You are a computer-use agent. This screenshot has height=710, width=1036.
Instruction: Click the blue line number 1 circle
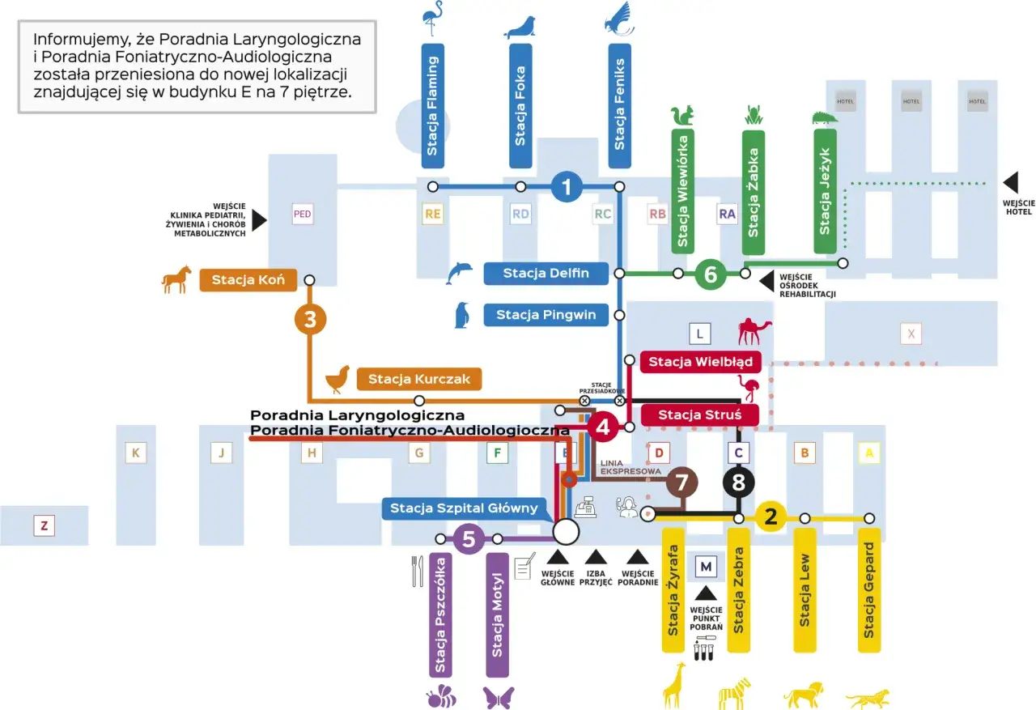[567, 187]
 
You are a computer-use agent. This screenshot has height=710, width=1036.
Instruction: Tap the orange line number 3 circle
[310, 319]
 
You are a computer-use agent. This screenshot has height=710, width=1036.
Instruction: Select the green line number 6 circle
[711, 274]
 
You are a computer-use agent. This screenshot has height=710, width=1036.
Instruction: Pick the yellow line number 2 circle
[771, 517]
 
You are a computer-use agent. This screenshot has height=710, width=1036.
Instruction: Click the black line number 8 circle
[738, 483]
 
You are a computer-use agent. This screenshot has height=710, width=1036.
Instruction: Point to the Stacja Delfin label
[546, 274]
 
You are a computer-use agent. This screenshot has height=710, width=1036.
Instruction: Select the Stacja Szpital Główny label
[464, 508]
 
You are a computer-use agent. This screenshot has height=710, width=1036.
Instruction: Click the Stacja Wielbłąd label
[700, 362]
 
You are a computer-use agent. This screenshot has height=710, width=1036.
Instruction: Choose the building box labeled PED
[303, 215]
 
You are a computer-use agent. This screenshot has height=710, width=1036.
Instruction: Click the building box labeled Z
[44, 526]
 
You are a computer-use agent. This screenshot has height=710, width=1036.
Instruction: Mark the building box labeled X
[911, 333]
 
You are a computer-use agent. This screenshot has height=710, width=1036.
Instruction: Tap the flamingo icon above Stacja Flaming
[432, 19]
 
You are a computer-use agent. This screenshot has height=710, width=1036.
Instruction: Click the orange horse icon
[176, 279]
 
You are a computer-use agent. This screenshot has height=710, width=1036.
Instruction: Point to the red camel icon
[754, 330]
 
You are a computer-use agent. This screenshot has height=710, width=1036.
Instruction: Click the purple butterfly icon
[499, 697]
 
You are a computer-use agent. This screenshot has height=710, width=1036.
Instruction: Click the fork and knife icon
[417, 571]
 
